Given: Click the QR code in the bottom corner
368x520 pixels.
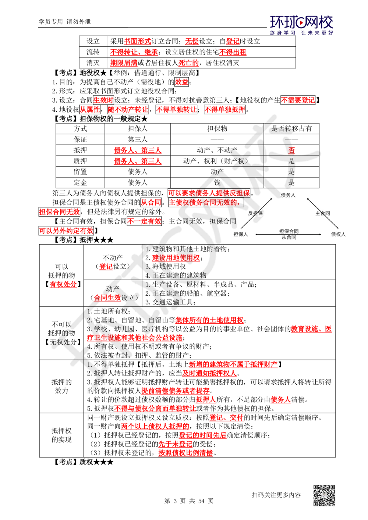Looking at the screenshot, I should [x=323, y=495].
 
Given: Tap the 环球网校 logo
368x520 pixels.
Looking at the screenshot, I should [x=301, y=24].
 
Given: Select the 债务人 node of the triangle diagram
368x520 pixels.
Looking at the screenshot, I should [x=288, y=195].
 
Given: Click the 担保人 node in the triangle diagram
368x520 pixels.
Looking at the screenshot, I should [x=241, y=234].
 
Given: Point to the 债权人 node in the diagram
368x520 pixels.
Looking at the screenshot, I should [x=338, y=234].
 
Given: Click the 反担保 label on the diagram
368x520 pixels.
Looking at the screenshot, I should [x=255, y=213].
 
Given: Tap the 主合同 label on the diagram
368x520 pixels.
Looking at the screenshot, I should [x=322, y=213].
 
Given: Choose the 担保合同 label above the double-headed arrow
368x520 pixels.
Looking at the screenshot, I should [x=289, y=231].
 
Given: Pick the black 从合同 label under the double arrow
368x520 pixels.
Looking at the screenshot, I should [x=289, y=238].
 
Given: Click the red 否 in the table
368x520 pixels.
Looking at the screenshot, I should [x=291, y=150].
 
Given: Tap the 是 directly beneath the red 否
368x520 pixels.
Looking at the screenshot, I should [x=291, y=161].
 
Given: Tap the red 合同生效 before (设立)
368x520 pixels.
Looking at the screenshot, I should [x=107, y=298].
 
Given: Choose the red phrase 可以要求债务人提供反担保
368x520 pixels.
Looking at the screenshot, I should [x=209, y=193].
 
